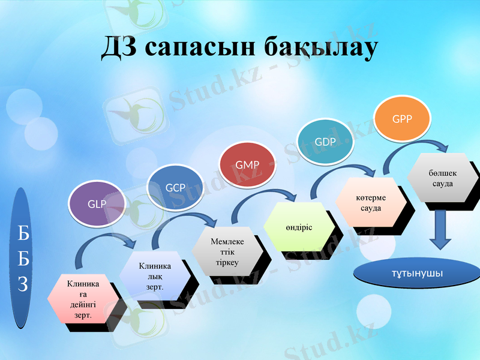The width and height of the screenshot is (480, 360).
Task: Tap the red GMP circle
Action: [x=247, y=164]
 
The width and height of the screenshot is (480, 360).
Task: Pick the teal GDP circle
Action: [x=325, y=142]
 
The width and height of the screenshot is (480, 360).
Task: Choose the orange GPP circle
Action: [x=402, y=118]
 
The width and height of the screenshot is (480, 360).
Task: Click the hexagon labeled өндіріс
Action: [x=298, y=227]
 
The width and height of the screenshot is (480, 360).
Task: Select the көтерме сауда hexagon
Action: [x=370, y=202]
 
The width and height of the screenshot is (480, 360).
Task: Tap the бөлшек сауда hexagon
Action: [x=442, y=178]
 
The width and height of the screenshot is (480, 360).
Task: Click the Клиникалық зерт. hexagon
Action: [x=154, y=275]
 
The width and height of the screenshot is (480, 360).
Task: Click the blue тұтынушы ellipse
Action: [x=418, y=273]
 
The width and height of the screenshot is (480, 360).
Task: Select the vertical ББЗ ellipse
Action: [x=22, y=258]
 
